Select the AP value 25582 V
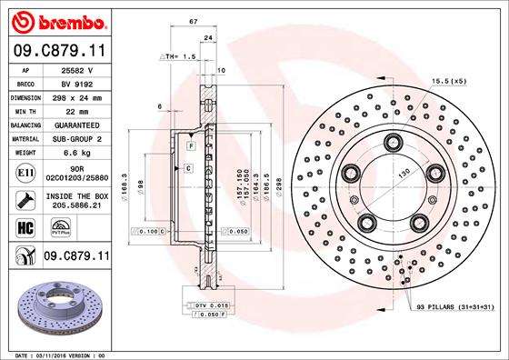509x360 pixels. click(85, 69)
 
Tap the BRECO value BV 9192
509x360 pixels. click(85, 83)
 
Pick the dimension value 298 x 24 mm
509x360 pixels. click(85, 96)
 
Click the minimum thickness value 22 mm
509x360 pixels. click(85, 110)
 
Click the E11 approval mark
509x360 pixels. click(25, 171)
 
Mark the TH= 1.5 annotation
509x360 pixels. click(180, 56)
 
